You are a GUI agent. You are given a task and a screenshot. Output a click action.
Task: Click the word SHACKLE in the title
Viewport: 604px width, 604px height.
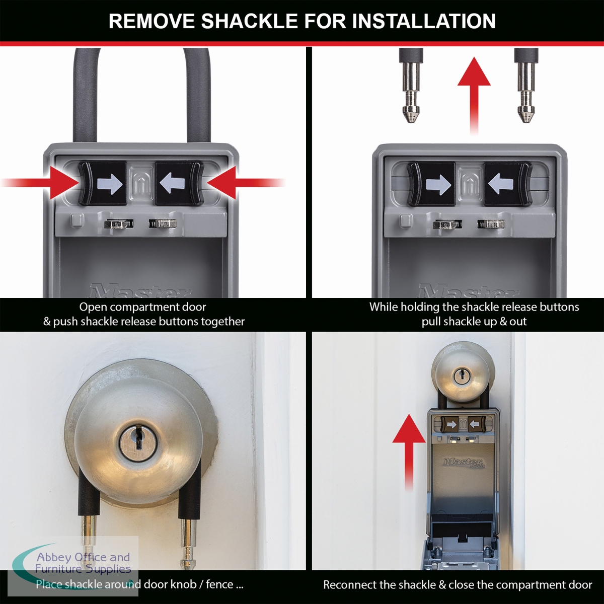pyautogui.click(x=249, y=21)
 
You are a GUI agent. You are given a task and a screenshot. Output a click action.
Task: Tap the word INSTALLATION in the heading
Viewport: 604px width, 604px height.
pyautogui.click(x=423, y=21)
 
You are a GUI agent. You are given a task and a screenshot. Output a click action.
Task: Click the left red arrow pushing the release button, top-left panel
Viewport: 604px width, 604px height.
pyautogui.click(x=40, y=183)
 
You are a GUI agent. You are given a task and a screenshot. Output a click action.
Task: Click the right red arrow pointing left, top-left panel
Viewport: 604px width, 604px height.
pyautogui.click(x=246, y=183)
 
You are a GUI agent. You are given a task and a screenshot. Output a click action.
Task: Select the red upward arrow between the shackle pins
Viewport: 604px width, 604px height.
pyautogui.click(x=474, y=96)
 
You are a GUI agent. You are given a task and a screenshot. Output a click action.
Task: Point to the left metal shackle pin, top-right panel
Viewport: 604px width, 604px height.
pyautogui.click(x=411, y=85)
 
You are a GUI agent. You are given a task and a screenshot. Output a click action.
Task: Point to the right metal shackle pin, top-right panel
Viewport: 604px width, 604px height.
pyautogui.click(x=526, y=85)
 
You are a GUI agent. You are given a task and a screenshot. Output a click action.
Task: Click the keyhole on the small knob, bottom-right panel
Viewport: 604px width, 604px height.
pyautogui.click(x=461, y=376)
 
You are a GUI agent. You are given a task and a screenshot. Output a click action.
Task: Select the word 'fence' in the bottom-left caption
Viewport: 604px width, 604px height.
pyautogui.click(x=219, y=584)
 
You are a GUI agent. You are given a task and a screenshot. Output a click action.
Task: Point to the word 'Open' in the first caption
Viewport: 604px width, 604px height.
pyautogui.click(x=93, y=308)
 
